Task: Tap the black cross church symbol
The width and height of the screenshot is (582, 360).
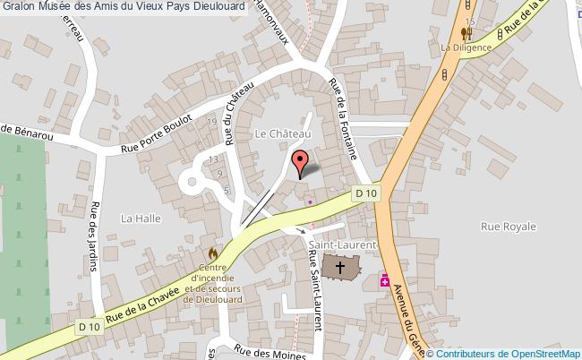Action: coord(340,268)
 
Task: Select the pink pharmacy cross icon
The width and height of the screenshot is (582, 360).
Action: coord(386,280)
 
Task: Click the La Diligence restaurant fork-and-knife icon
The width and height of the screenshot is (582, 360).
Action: coord(466,34)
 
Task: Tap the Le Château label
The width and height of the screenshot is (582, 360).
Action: coord(282,134)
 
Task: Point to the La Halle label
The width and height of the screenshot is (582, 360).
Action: coord(139,218)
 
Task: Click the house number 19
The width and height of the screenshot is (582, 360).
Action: coord(211,122)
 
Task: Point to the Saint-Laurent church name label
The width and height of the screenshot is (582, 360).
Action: coord(341,244)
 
